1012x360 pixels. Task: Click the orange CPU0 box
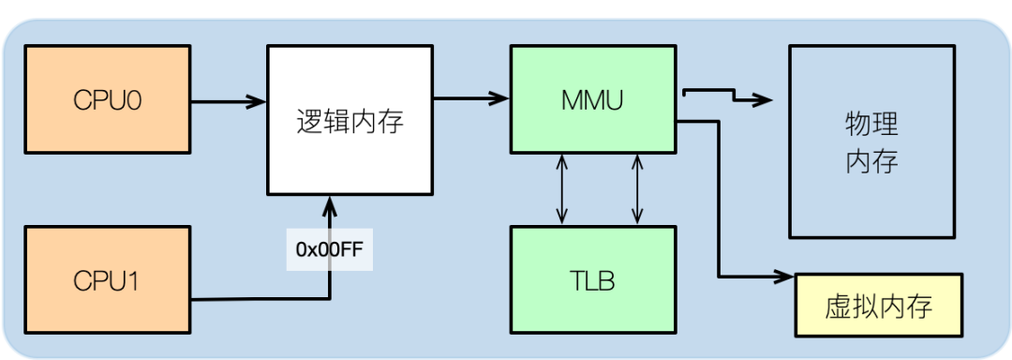[x=107, y=100]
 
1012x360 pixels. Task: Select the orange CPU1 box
[x=107, y=280]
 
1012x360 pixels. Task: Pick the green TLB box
[x=592, y=280]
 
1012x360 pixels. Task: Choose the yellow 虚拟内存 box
[x=878, y=307]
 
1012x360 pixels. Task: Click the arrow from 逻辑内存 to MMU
[x=471, y=96]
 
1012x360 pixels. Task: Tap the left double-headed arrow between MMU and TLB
[x=562, y=189]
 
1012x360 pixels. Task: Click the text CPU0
[x=107, y=100]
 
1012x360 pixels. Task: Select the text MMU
[x=592, y=100]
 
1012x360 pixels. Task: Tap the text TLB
[x=592, y=280]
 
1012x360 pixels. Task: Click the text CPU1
[x=107, y=280]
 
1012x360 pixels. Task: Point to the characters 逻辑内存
[x=350, y=121]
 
